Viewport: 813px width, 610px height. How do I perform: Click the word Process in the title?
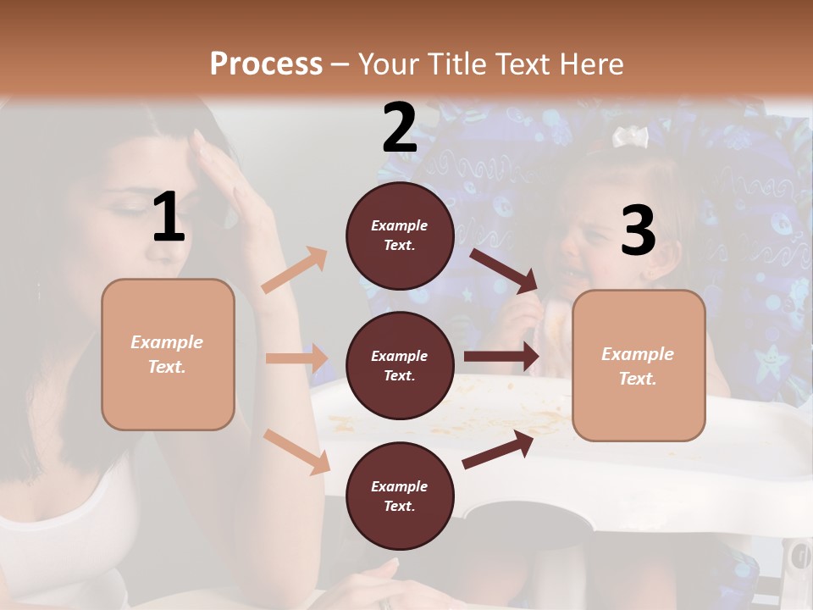tap(266, 64)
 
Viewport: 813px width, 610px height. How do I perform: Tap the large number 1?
tap(169, 218)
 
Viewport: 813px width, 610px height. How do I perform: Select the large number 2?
tap(400, 128)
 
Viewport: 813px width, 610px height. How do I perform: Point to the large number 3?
tap(638, 230)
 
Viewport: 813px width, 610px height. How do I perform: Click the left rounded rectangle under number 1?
tap(168, 354)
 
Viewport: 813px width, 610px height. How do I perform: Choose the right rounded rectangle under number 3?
tap(639, 365)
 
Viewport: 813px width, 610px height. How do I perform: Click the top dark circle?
tap(400, 235)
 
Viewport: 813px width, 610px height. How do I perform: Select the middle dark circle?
tap(400, 365)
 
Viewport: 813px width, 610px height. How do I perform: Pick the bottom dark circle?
tap(400, 496)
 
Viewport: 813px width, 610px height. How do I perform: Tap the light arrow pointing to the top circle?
tap(295, 269)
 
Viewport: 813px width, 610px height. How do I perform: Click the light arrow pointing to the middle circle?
tap(296, 358)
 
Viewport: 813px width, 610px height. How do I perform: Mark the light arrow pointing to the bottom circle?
tap(296, 451)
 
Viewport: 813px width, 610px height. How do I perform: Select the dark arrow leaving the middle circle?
tap(501, 357)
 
